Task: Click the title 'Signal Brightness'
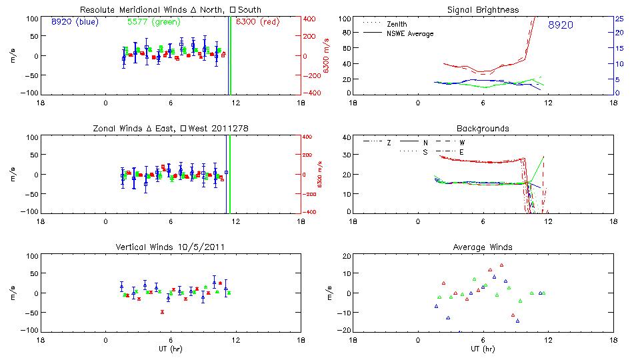[x=483, y=10]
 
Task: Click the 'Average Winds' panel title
[x=483, y=247]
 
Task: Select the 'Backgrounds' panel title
[x=483, y=128]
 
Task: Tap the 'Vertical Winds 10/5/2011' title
[x=171, y=247]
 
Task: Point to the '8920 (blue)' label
[x=75, y=21]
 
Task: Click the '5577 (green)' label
[x=151, y=21]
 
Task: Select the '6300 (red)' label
[x=256, y=21]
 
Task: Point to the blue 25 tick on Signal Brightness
[x=619, y=19]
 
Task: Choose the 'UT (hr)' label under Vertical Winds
[x=171, y=349]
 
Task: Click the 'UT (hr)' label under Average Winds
[x=483, y=349]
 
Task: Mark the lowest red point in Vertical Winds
[x=162, y=311]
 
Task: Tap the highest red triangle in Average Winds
[x=501, y=265]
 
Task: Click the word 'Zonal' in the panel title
[x=103, y=128]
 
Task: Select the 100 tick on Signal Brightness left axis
[x=343, y=19]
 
